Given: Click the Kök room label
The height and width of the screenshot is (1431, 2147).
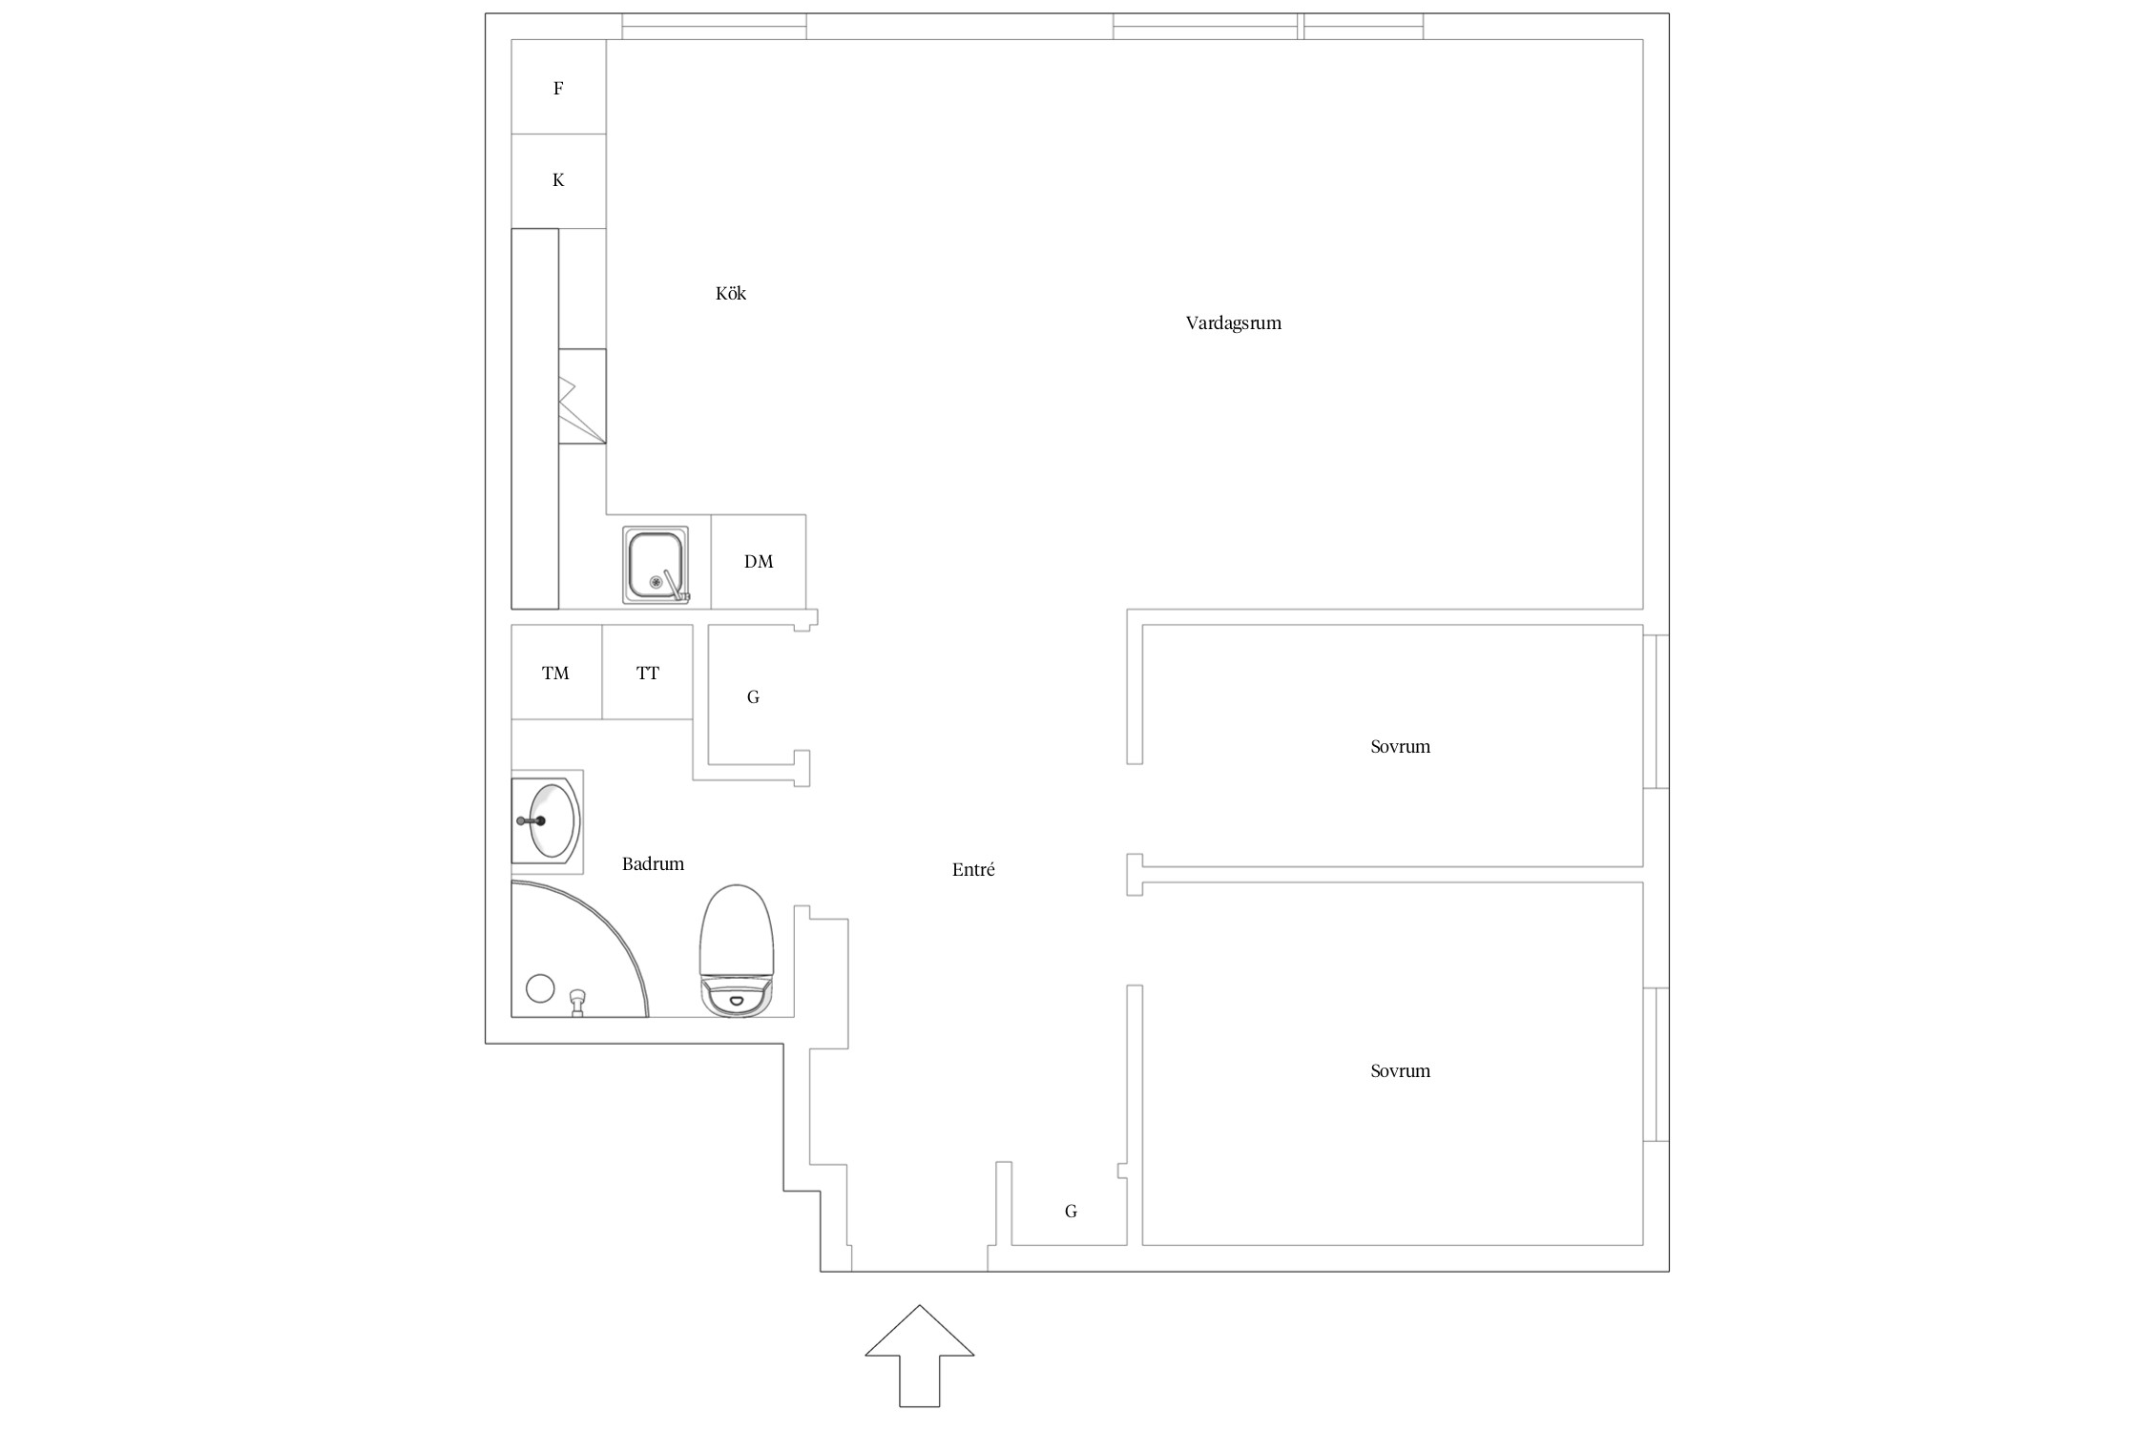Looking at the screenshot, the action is click(x=731, y=293).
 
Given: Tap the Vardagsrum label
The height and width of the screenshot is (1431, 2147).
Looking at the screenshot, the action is click(x=1233, y=323).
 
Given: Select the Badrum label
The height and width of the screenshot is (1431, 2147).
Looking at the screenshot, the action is click(x=653, y=864).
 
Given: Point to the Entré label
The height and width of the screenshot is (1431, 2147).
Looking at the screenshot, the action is click(x=973, y=870).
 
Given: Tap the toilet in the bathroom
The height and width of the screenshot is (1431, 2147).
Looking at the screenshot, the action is click(x=737, y=950).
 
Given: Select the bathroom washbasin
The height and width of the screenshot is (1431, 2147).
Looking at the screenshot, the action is click(x=547, y=820).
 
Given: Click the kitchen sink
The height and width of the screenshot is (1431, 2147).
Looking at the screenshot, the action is click(x=655, y=565).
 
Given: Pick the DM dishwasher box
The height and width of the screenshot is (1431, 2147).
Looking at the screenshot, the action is click(x=759, y=562).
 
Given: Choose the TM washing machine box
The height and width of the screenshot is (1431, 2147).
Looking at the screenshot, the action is click(x=556, y=673).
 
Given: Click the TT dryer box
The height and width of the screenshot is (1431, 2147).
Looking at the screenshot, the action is click(x=648, y=673).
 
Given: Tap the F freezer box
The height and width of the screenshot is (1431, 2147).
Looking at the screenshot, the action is click(x=558, y=87).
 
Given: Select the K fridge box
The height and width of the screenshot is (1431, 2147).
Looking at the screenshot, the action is click(x=558, y=180).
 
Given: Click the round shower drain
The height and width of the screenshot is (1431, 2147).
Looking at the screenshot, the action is click(x=540, y=988).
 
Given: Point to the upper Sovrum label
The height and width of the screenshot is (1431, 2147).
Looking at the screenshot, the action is click(x=1400, y=747).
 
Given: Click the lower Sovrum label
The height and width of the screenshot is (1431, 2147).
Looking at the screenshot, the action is click(x=1400, y=1071).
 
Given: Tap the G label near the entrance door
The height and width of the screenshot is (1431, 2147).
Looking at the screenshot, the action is click(x=1071, y=1212).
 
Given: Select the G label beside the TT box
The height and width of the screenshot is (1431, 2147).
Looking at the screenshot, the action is click(x=753, y=697).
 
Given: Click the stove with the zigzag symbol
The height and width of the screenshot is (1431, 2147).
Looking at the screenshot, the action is click(x=582, y=396).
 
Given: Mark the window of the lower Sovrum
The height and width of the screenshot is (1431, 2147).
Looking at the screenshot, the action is click(x=1657, y=1064).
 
